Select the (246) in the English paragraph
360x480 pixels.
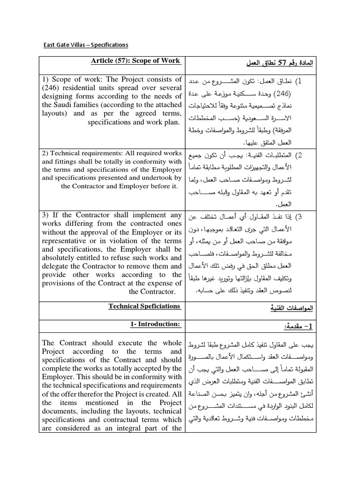[x=51, y=87]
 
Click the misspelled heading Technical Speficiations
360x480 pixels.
[x=144, y=306]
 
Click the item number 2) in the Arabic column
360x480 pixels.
[x=299, y=155]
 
